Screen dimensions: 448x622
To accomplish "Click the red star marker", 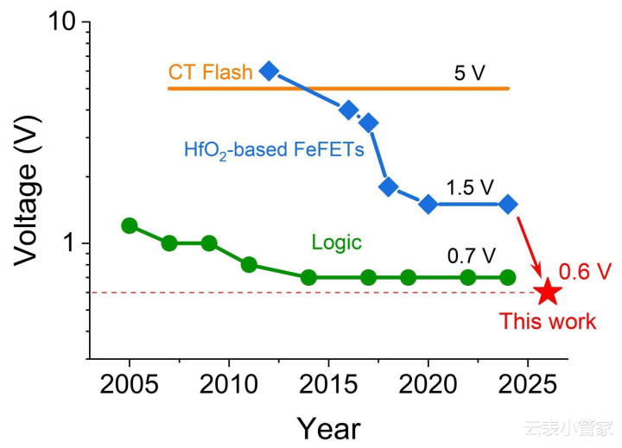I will (x=548, y=293).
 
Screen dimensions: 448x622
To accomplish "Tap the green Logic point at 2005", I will (x=130, y=225).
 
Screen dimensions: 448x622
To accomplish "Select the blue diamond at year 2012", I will (x=269, y=71).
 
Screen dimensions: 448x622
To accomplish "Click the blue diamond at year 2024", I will (x=508, y=205).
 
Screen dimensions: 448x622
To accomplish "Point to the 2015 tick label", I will (x=328, y=384).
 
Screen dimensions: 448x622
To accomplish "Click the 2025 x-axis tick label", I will (x=528, y=384).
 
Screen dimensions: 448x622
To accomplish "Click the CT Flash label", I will (x=211, y=72).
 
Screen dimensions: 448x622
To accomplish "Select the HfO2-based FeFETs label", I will (x=274, y=149).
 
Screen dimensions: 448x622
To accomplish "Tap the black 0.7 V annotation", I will (x=471, y=256).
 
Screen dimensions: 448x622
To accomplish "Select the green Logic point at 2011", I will (x=249, y=264).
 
